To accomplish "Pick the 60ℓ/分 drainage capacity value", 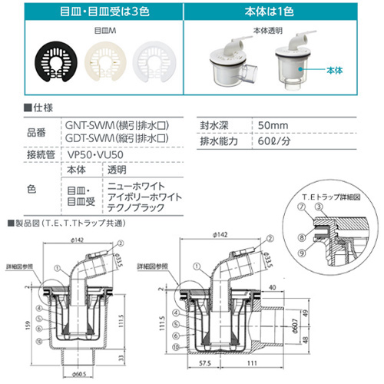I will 275,141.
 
